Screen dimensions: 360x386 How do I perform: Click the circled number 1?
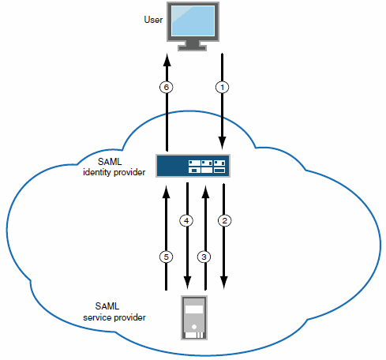click(x=223, y=88)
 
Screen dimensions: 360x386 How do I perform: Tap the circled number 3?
click(x=205, y=257)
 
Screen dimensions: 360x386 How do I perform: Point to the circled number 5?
click(x=167, y=257)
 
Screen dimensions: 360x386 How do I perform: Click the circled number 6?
click(x=167, y=88)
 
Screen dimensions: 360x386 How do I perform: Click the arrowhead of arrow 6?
click(x=167, y=60)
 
